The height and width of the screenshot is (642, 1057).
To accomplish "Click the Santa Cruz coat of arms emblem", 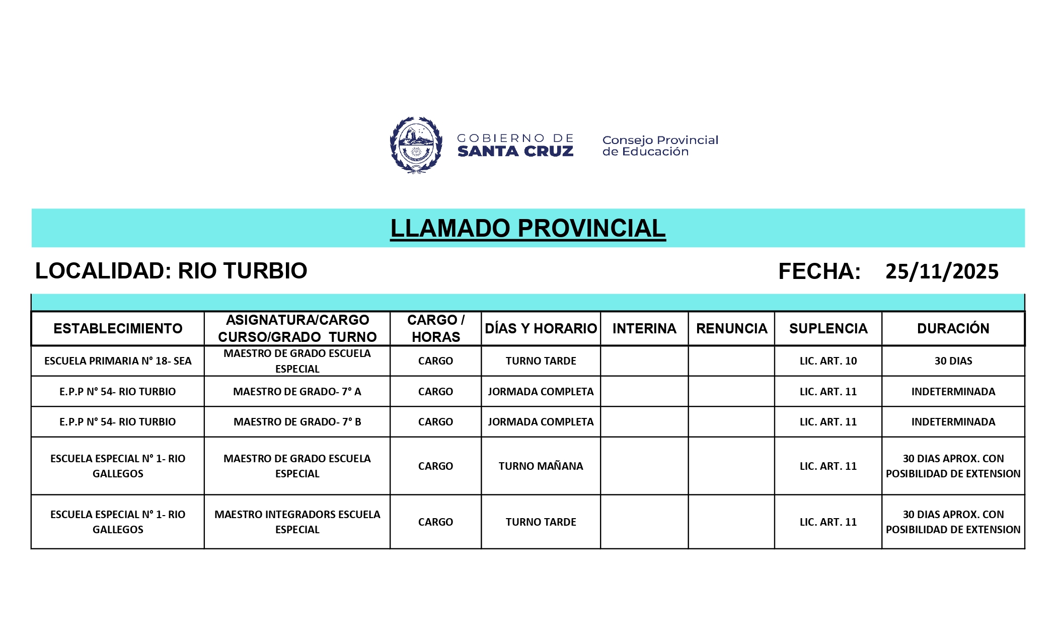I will point(416,145).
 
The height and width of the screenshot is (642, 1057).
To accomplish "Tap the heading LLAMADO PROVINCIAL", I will point(527,228).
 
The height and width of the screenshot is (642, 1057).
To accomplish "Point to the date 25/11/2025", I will point(942,271).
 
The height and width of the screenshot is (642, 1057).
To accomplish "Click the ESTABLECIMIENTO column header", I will point(118,329).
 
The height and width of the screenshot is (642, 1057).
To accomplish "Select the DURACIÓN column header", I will point(953,329).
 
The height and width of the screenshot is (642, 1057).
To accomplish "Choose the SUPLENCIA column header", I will point(828,329).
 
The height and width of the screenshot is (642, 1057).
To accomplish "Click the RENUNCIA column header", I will point(731,329).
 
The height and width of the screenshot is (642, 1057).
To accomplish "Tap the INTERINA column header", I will point(644,329).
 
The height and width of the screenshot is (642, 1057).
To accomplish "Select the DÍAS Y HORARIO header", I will point(541,329).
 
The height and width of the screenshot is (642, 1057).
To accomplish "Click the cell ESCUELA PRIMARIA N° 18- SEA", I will point(118,361).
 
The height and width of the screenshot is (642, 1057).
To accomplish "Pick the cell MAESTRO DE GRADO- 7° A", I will point(297,392).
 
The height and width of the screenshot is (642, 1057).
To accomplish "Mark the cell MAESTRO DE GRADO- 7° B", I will point(297,422).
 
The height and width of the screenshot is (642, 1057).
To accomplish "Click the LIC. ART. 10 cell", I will point(828,361).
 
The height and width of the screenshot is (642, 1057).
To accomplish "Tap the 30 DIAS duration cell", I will point(953,361).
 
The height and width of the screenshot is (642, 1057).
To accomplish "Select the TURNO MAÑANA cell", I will point(541,466).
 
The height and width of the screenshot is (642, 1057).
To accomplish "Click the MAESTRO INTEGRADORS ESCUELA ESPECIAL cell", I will point(297,522).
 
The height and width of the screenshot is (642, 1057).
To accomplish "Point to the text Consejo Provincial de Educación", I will point(660,146).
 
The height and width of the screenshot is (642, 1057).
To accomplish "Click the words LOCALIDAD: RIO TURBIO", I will point(171,271).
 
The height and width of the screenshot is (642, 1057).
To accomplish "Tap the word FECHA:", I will point(819,271).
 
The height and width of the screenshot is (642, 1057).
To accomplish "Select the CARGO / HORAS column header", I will point(436,329).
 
